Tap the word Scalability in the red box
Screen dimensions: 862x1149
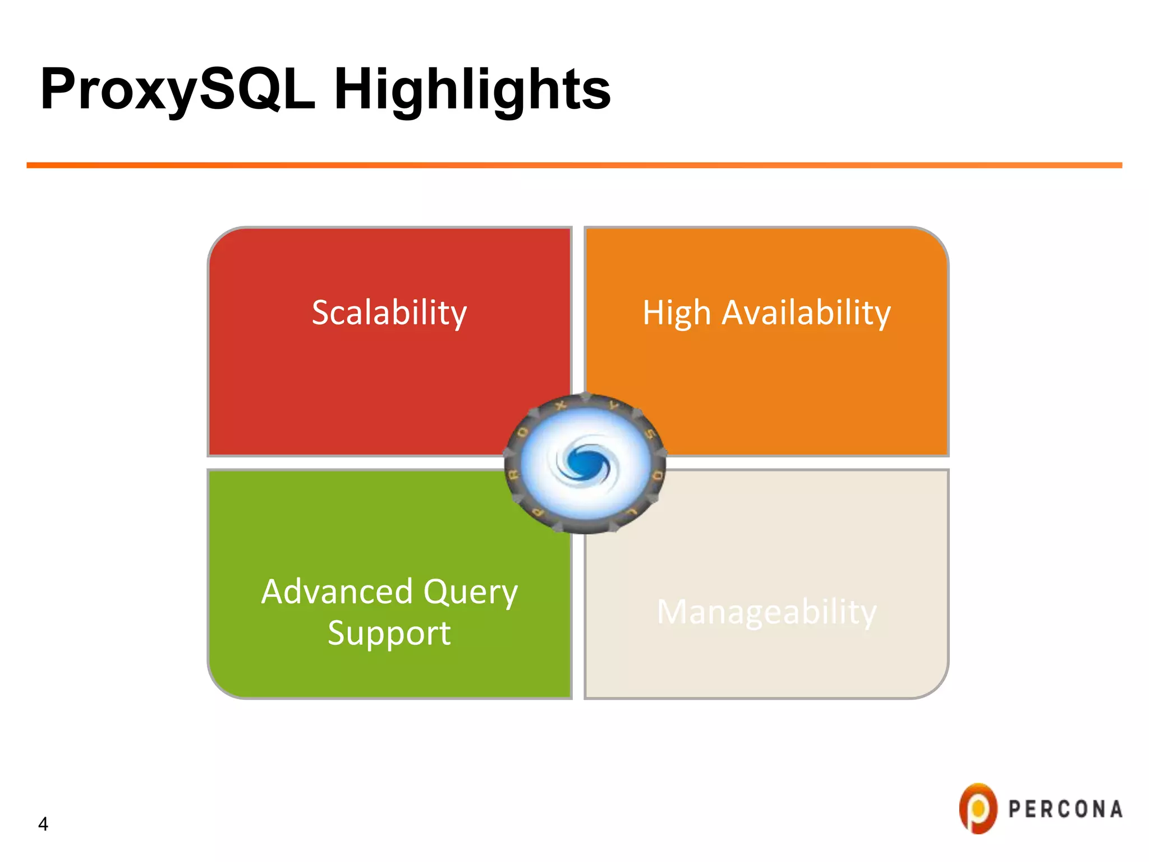(389, 313)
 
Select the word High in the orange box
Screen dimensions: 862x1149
(676, 313)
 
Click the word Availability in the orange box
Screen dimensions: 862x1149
(806, 313)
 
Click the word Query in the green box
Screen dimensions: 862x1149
(470, 593)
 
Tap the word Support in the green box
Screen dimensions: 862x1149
(389, 633)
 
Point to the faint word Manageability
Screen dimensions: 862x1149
(766, 612)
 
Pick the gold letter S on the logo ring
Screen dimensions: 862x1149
(650, 435)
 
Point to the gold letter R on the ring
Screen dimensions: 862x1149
(513, 476)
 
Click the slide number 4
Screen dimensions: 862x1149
(43, 824)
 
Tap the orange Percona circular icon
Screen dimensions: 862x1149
(978, 808)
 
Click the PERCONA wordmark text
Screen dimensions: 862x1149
(1065, 809)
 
